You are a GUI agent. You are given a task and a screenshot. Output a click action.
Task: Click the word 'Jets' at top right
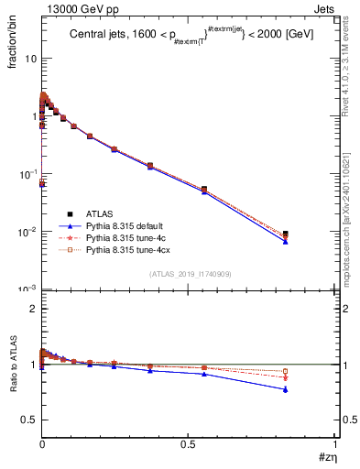click(x=328, y=8)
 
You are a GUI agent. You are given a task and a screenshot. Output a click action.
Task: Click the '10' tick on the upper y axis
click(x=29, y=58)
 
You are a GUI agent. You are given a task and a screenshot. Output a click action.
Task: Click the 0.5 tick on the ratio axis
click(x=28, y=420)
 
